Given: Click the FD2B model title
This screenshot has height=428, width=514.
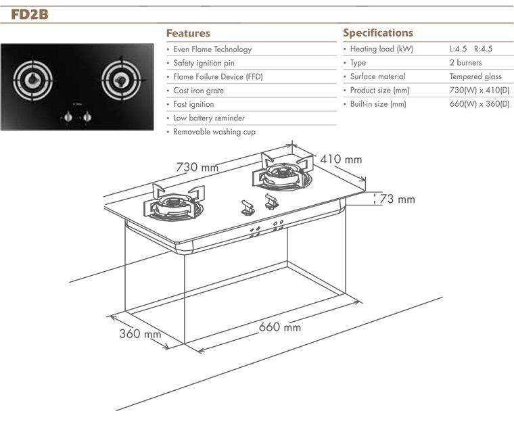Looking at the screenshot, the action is pos(30,14).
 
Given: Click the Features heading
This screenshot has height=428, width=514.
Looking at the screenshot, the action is pos(188,33).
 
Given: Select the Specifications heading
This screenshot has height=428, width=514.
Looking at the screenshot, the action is pos(378,32).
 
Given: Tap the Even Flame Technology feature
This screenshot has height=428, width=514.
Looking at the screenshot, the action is pos(212,49).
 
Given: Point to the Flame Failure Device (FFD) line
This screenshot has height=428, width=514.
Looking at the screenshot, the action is pos(218,76).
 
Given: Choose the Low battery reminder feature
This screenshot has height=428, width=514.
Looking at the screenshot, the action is pos(209,118).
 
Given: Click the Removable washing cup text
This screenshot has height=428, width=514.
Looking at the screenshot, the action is pos(214,132).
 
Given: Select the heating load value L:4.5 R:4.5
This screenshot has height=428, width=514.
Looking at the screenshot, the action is pos(471,49).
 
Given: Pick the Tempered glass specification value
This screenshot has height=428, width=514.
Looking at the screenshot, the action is pos(475,76).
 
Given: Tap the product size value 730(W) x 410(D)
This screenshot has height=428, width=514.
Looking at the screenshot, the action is pos(480,90).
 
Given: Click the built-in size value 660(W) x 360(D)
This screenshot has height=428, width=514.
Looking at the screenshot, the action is pos(480,104).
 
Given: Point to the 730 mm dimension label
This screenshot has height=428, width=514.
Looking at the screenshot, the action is pos(197,167).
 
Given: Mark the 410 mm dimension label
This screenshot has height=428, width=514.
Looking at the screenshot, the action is pos(341,160).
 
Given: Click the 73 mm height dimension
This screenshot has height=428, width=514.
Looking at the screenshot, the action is pos(397,199).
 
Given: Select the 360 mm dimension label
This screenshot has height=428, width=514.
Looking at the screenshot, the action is pos(140,333).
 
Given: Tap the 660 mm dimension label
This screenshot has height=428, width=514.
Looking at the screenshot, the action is pos(279,327).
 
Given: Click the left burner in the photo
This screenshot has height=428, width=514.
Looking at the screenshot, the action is pos(32,79).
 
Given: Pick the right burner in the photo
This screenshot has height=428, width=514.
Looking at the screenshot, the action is pos(121,78).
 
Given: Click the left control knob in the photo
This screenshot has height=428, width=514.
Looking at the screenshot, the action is pos(68,117).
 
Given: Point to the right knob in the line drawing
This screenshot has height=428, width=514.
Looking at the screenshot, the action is pos(271,201).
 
